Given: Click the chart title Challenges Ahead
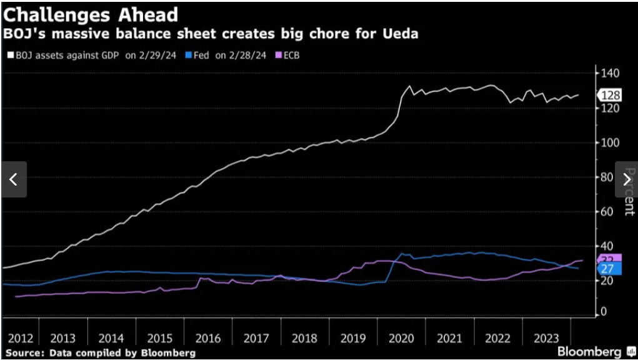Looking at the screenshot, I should tap(91, 14).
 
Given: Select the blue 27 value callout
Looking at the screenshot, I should tap(608, 269).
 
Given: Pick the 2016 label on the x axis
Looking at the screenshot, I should tap(208, 338).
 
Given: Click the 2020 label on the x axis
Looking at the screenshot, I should tap(402, 338).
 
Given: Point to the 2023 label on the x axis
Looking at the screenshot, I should tap(547, 338).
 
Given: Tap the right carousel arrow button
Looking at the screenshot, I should tap(626, 179).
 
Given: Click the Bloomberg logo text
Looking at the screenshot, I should tap(589, 351).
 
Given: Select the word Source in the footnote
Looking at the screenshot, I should tap(24, 353).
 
